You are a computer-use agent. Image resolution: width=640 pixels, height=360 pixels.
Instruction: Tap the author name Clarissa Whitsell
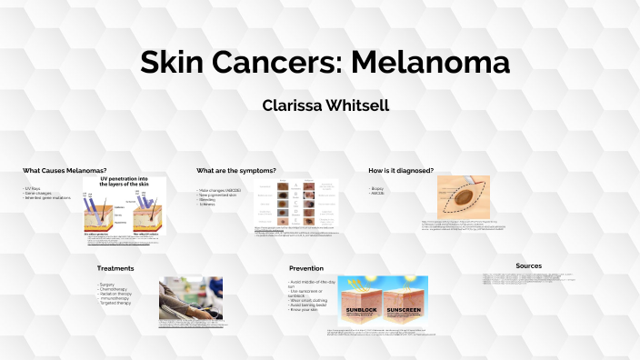pos(325,105)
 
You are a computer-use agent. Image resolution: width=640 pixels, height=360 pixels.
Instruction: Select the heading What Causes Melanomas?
pos(65,171)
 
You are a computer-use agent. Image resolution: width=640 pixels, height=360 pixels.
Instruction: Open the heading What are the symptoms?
pos(235,171)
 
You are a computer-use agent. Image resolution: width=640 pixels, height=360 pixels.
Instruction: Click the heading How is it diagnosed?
pos(400,171)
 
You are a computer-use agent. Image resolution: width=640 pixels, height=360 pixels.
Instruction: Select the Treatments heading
pos(115,268)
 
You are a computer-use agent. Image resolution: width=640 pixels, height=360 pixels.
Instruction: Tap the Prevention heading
pos(306,268)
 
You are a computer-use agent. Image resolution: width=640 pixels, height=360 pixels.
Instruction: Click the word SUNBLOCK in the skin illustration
pos(362,311)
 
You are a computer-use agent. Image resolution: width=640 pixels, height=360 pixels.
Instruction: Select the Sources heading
pos(528,265)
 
